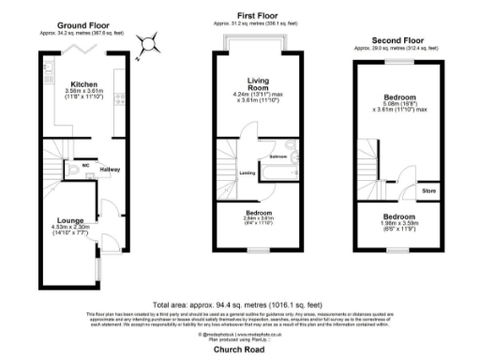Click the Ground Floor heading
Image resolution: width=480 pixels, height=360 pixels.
click(x=82, y=25)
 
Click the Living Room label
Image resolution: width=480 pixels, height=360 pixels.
click(x=258, y=84)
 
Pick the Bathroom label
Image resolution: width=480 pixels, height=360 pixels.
click(x=278, y=156)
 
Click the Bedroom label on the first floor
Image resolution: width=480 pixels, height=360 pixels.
click(x=258, y=212)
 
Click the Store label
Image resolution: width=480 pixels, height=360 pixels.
click(x=428, y=192)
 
